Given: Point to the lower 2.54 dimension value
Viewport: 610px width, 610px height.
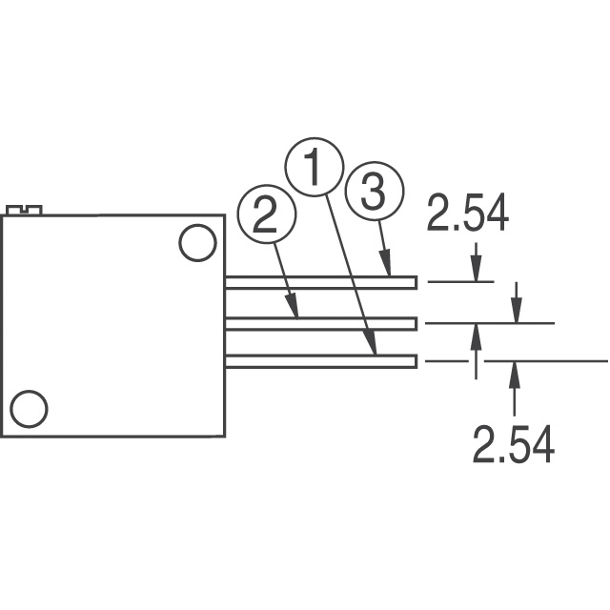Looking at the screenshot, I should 514,445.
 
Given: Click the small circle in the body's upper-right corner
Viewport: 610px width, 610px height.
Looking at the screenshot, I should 198,242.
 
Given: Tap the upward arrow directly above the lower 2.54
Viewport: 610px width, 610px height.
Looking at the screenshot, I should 515,376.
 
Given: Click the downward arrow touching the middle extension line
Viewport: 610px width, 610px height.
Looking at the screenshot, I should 516,311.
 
